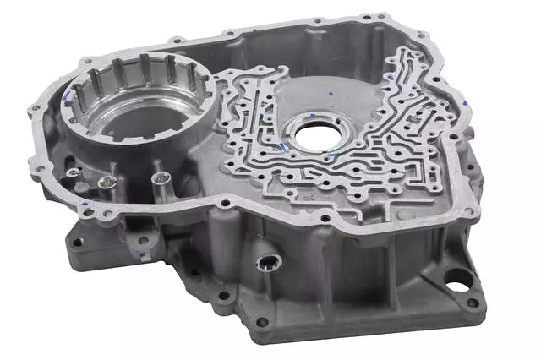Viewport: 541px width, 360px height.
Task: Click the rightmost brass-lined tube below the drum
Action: [x=158, y=179]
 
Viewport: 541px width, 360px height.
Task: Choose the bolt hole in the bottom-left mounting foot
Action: [x=78, y=243]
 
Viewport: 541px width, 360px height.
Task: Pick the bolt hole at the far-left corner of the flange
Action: [x=34, y=111]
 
